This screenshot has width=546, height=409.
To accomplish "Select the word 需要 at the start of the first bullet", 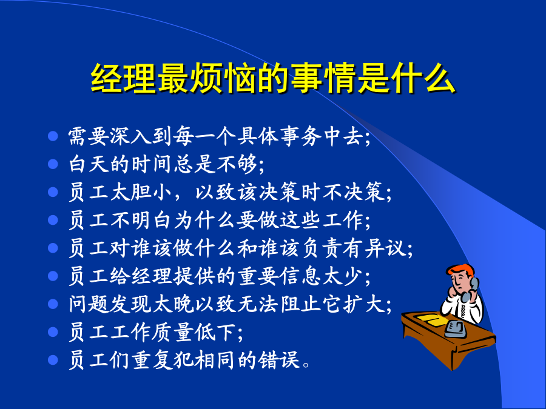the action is (x=89, y=136).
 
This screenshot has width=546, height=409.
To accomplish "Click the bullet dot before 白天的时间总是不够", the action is (x=53, y=164).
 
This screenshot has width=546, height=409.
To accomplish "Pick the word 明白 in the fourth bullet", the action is (x=152, y=220).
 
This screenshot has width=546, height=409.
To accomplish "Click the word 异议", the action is (x=385, y=248).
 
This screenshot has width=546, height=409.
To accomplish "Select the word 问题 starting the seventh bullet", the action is (x=89, y=304).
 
